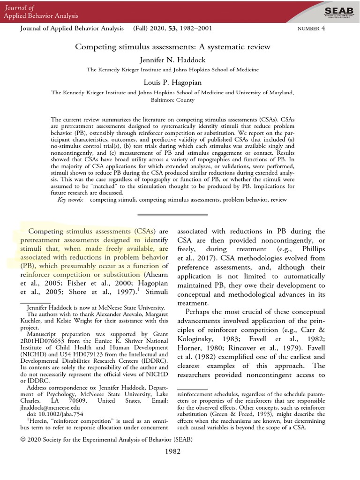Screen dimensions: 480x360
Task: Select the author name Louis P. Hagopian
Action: [x=173, y=83]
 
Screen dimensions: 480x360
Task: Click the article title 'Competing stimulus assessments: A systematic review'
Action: [x=173, y=47]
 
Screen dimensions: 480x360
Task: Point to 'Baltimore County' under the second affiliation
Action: [x=173, y=100]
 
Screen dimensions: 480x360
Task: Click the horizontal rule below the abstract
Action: [x=173, y=215]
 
